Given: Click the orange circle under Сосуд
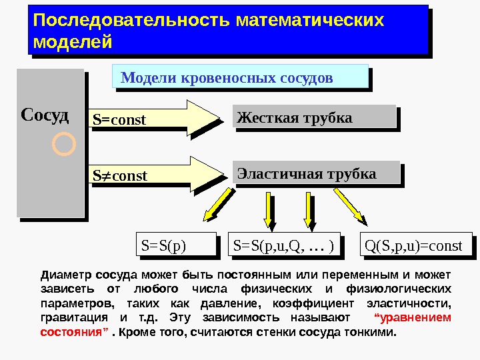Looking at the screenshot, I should (63, 144).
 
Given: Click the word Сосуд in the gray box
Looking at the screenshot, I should (45, 115).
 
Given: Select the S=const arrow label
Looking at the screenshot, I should (119, 120).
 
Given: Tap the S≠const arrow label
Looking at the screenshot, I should (120, 177).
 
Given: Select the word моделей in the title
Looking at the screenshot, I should (72, 42).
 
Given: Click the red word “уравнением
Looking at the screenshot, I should (413, 317).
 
